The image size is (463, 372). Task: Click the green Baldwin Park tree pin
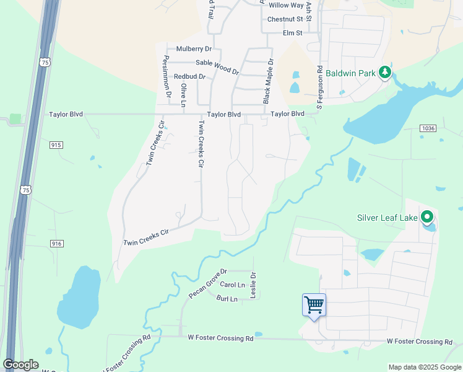point(385,73)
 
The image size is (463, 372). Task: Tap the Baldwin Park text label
point(352,73)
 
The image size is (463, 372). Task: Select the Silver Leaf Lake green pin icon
point(426,218)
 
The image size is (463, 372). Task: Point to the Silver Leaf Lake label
point(387,218)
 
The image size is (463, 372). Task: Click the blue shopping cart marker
point(314,304)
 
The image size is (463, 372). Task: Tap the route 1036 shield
point(427,128)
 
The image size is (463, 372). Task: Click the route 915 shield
point(56,145)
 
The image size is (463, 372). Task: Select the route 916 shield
point(56,244)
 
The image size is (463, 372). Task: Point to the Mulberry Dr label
point(194,48)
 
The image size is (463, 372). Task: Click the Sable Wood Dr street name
point(217,66)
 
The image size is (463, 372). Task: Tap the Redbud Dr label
point(189,77)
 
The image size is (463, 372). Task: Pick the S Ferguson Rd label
point(319,80)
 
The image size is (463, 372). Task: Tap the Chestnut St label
point(285,19)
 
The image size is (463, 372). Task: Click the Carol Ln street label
point(233,285)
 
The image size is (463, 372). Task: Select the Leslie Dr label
point(253,286)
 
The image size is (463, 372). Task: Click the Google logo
point(20,365)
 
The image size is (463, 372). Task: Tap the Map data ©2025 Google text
point(424,367)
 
